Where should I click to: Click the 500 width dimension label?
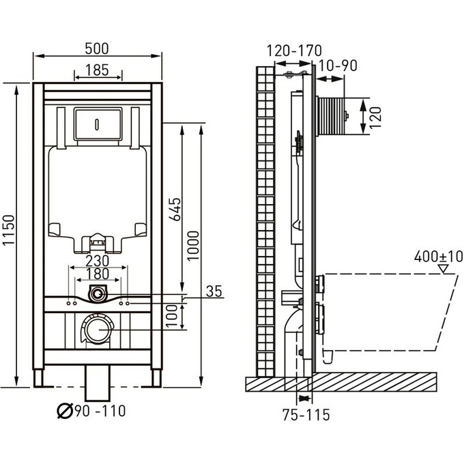(97, 48)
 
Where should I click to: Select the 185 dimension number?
(98, 70)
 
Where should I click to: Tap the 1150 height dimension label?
(9, 230)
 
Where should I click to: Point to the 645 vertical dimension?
(175, 209)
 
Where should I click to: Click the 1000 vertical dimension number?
(194, 246)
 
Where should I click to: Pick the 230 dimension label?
(98, 261)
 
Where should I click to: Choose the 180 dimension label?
(98, 274)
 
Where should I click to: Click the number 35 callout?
(214, 291)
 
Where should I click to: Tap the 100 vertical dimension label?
(172, 316)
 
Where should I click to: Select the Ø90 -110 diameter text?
(91, 411)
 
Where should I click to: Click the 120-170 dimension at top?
(294, 50)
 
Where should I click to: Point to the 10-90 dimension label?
(338, 66)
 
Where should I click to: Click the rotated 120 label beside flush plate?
(375, 117)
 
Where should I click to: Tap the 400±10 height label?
(438, 257)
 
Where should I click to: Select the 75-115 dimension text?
(306, 415)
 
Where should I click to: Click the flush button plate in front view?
(98, 124)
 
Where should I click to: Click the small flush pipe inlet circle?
(98, 294)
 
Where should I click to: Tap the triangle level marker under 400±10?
(444, 269)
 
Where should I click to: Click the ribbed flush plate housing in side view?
(331, 116)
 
